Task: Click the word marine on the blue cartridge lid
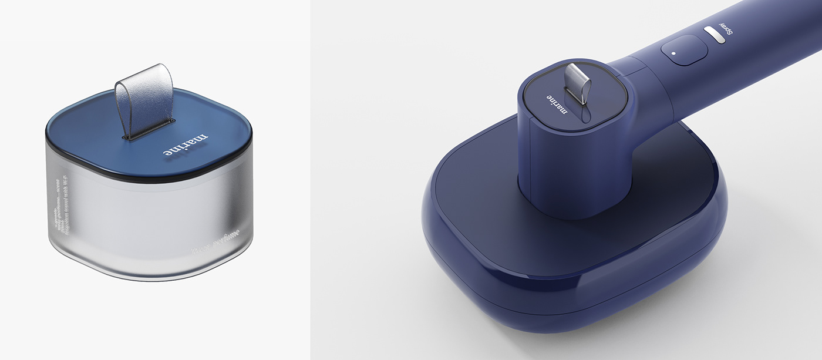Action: (x=186, y=144)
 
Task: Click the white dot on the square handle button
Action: (x=673, y=52)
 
